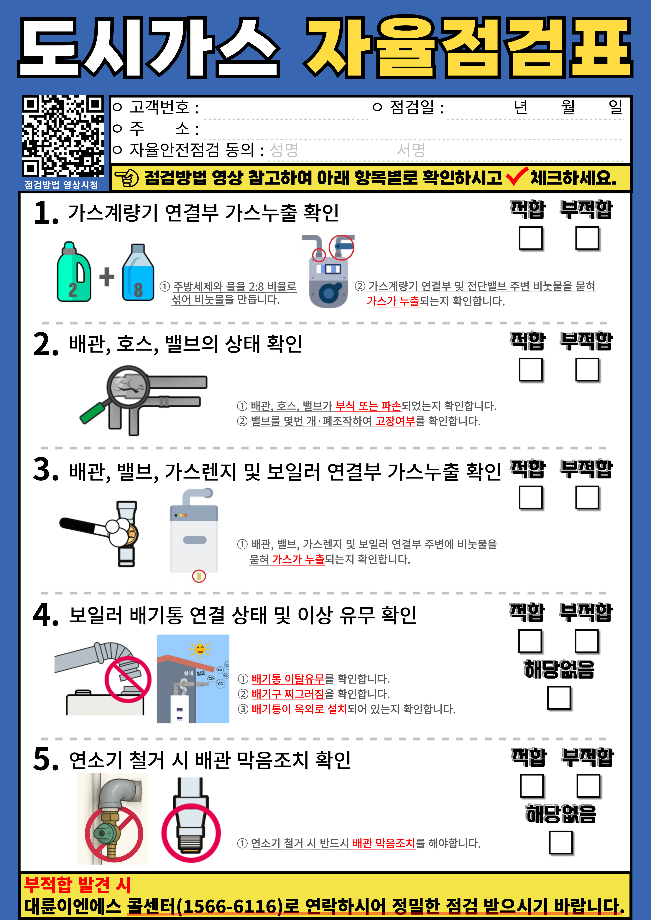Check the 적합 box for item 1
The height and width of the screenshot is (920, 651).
[531, 238]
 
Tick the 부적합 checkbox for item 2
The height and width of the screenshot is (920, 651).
[587, 369]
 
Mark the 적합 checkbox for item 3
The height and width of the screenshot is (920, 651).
[531, 498]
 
